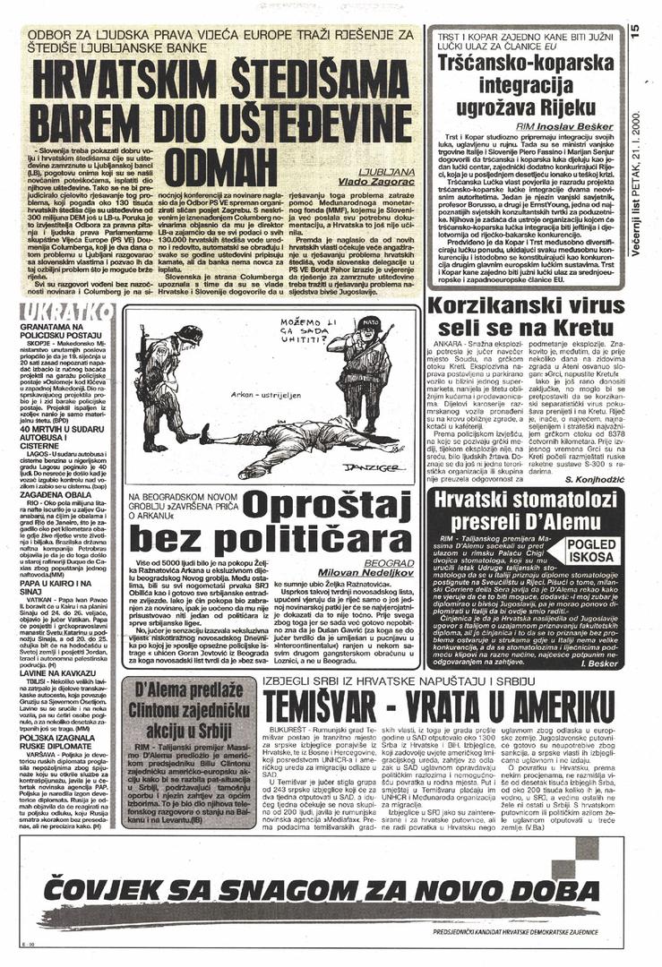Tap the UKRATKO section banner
point(66,311)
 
